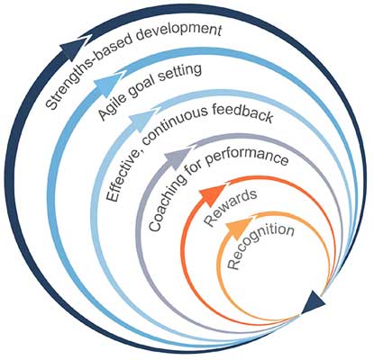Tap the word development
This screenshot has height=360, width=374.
(180, 31)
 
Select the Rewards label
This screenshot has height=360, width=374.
(231, 207)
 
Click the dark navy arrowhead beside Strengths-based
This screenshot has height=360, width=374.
(73, 48)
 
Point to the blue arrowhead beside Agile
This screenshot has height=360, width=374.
(106, 84)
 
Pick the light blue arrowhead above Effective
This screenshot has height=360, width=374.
(140, 122)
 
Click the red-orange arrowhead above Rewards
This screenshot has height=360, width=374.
(213, 194)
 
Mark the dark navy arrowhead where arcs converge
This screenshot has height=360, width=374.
(313, 302)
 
